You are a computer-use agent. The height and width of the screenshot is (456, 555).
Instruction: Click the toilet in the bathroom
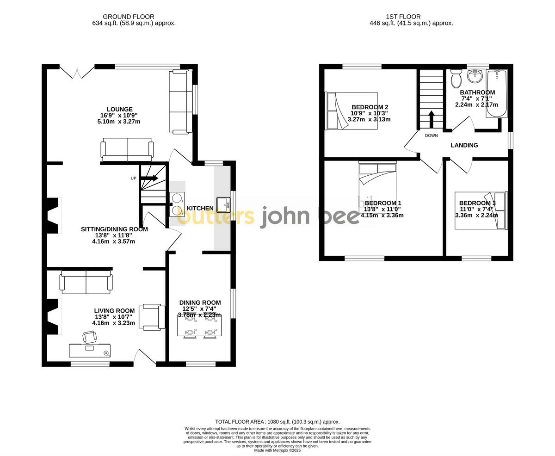pos(456,79)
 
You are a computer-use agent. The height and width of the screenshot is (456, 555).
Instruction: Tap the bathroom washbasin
pos(475,76)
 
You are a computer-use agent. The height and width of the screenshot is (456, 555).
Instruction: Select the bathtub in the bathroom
pos(497,93)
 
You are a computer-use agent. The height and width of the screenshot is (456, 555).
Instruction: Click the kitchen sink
pos(223,204)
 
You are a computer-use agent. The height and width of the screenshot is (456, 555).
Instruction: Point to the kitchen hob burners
pos(177,204)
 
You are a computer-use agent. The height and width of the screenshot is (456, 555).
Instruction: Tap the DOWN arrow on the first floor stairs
pos(431,119)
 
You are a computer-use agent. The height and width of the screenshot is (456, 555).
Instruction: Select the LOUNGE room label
pos(120,110)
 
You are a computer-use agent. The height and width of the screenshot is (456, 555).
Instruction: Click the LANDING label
pos(464,145)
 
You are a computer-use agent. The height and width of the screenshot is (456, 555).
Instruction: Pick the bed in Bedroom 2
pos(351,111)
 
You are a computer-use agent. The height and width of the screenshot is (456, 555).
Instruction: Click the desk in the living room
pos(90,350)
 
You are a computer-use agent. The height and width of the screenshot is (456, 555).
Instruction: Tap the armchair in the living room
pos(152,317)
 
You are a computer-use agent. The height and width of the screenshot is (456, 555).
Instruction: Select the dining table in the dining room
pos(199,326)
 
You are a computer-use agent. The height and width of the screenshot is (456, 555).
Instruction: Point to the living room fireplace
pos(54,316)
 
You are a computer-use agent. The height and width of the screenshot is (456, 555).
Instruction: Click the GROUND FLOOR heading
pos(129,17)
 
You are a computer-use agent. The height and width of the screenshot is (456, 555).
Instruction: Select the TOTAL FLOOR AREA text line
pos(277,422)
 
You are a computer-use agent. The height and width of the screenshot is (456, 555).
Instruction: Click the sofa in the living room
pos(86,283)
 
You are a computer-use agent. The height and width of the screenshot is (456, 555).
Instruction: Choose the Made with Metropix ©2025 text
pos(277,450)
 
